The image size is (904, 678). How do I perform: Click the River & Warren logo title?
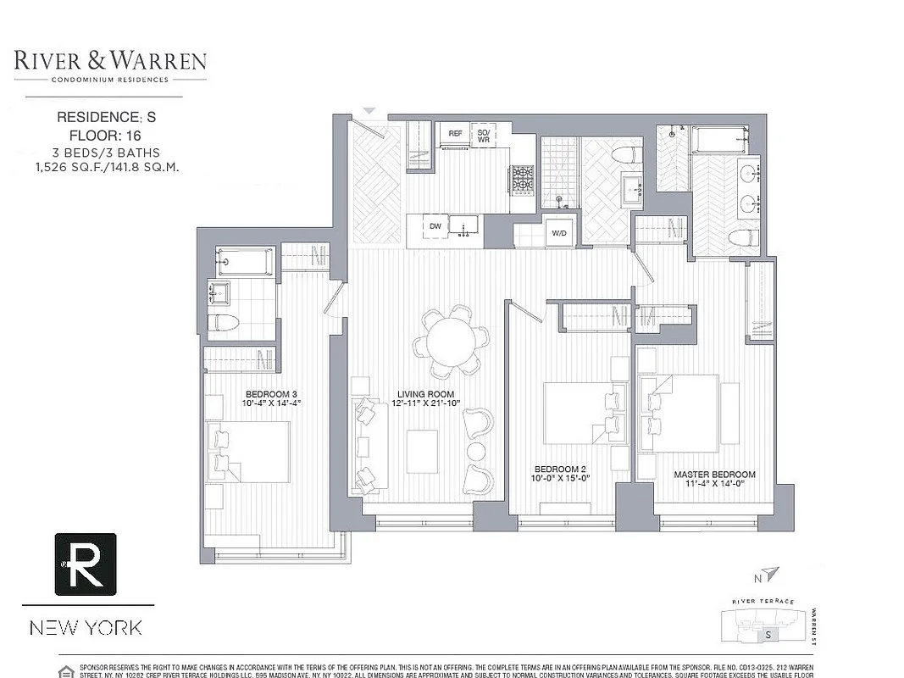tap(110, 61)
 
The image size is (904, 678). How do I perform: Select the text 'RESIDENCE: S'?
tap(107, 117)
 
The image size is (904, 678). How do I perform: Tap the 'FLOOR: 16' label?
tap(107, 135)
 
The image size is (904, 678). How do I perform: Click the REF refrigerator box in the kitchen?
tap(455, 134)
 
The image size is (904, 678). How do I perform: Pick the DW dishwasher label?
tap(435, 226)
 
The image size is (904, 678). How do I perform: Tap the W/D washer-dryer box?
tap(559, 232)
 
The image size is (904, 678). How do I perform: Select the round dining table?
tap(451, 341)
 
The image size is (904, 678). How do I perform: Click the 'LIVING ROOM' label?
tap(426, 394)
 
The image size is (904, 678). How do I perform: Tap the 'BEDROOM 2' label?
tap(560, 469)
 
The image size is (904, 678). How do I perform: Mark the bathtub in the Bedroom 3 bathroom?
tap(245, 262)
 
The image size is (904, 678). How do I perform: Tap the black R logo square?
tap(86, 564)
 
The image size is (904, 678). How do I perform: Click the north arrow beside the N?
tap(768, 575)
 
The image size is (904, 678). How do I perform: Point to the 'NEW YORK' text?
tap(86, 628)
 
